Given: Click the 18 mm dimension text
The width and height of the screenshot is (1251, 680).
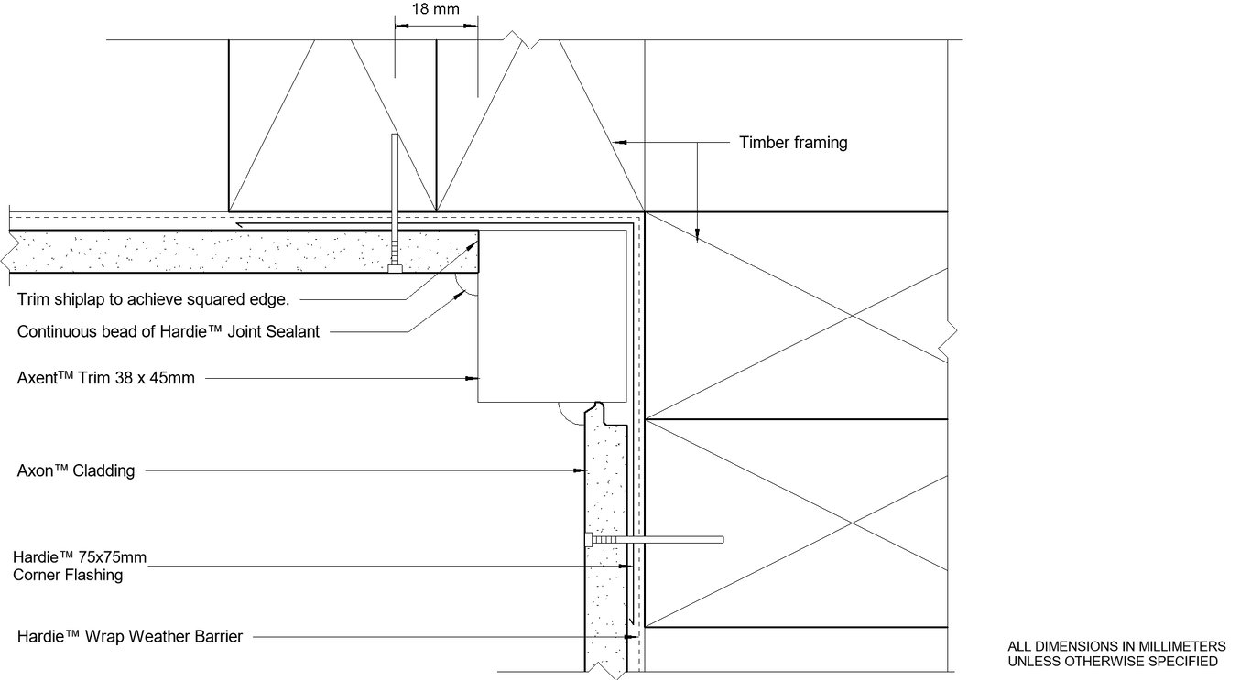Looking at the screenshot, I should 435,10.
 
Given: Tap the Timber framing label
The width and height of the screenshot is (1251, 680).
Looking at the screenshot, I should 793,142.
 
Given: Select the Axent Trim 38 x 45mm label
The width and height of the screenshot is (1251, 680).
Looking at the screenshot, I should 106,377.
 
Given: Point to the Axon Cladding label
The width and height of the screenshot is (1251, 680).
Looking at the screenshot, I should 76,471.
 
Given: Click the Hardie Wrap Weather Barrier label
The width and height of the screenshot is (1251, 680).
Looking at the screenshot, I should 129,636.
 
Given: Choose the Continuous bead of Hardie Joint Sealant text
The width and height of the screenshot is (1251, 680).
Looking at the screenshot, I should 169,331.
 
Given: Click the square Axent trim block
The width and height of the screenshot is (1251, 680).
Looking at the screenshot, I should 549,316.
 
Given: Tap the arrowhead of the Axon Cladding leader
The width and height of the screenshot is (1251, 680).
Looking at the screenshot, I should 580,471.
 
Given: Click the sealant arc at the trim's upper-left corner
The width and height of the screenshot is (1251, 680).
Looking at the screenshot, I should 468,286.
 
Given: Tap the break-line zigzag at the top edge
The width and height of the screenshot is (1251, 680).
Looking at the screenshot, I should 522,39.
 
